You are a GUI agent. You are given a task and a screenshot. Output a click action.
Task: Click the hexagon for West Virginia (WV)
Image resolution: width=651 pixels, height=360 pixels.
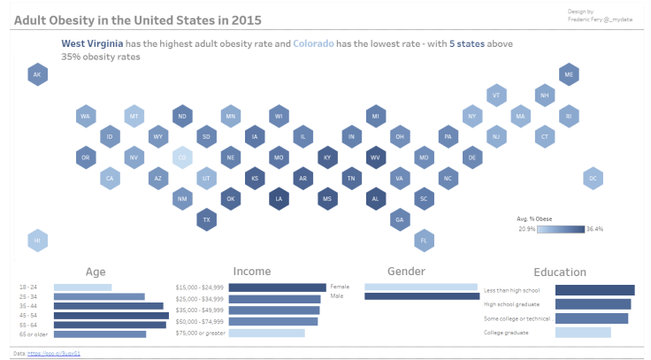375,157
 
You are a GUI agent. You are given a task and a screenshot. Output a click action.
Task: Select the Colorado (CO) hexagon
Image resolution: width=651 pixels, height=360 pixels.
182,157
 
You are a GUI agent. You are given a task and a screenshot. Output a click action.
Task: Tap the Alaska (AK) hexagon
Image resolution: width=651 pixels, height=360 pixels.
37,75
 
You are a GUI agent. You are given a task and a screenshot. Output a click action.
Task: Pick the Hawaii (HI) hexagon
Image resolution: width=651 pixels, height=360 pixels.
37,239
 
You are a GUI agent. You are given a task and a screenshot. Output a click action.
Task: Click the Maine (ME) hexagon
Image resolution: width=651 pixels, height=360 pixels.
569,75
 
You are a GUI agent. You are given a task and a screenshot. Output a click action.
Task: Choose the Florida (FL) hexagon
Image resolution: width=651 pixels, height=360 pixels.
424,239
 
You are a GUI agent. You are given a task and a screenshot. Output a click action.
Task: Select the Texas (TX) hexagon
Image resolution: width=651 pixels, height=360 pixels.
206,218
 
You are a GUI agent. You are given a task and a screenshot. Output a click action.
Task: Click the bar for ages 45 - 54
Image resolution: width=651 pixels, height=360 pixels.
111,315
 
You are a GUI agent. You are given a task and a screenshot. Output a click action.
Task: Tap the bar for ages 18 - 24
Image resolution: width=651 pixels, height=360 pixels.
82,287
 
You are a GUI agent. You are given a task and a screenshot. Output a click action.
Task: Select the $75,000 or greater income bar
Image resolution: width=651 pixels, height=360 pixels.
266,333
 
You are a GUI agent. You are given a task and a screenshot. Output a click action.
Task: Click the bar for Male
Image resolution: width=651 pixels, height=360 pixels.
421,296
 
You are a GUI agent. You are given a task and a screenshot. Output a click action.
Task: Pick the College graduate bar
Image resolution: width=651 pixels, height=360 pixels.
582,333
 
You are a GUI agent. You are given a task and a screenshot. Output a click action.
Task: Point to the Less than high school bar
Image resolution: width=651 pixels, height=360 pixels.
594,290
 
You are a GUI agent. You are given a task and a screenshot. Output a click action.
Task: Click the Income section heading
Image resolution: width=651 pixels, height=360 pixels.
252,272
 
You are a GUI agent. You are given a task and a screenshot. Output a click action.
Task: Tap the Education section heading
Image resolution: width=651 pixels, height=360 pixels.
559,272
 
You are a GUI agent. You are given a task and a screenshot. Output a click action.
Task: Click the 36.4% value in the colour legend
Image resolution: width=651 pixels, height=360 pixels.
594,229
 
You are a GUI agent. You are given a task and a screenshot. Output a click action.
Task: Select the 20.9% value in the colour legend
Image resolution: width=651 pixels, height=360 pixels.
526,229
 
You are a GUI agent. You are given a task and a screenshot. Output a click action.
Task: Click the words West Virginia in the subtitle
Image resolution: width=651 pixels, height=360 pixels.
92,43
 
